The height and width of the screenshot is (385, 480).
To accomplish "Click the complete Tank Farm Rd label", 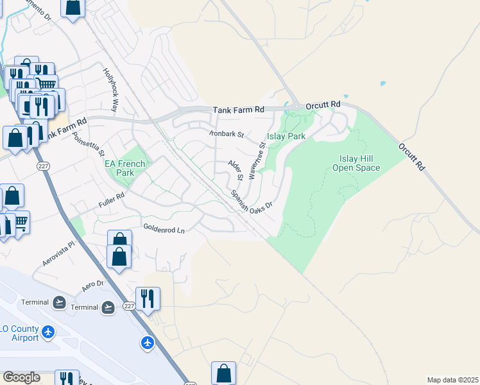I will pyautogui.click(x=239, y=110).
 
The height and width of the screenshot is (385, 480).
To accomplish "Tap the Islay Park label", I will pyautogui.click(x=286, y=136).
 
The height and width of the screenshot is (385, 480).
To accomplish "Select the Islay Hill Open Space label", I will pyautogui.click(x=356, y=163).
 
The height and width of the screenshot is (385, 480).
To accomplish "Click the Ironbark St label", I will pyautogui.click(x=227, y=135).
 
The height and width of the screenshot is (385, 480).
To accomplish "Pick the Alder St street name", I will pyautogui.click(x=236, y=169).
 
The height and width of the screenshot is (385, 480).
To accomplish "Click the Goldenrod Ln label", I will pyautogui.click(x=164, y=228).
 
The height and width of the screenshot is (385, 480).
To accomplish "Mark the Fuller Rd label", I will pyautogui.click(x=111, y=201).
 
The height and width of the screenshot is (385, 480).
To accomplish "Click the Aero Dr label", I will pyautogui.click(x=92, y=284).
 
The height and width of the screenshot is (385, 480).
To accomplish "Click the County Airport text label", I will pyautogui.click(x=19, y=333).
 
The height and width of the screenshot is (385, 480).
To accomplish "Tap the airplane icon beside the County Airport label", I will pyautogui.click(x=49, y=332).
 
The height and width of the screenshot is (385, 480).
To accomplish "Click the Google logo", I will pyautogui.click(x=22, y=377).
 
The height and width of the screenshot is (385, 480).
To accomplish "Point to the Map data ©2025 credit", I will pyautogui.click(x=452, y=380).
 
